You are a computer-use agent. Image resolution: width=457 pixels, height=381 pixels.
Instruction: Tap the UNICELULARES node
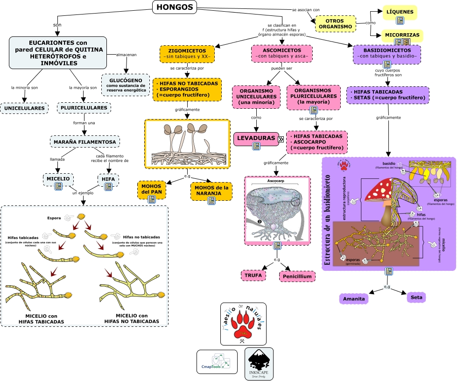[x=25, y=108]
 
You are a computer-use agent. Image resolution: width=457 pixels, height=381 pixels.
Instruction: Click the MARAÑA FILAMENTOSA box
[x=84, y=141]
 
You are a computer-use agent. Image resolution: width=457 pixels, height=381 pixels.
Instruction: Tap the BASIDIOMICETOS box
[x=387, y=53]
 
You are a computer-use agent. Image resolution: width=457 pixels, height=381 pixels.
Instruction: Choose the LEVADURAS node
[x=255, y=139]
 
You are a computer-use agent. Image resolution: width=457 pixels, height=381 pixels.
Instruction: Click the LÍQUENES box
[x=400, y=12]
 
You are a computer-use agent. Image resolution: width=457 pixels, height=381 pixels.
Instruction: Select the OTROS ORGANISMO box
[x=336, y=23]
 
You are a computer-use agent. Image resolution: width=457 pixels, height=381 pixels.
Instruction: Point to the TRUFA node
[x=253, y=275]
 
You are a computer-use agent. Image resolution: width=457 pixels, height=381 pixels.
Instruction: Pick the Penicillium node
[x=297, y=276]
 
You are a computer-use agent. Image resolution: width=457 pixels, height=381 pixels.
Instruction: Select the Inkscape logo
[x=259, y=363]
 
